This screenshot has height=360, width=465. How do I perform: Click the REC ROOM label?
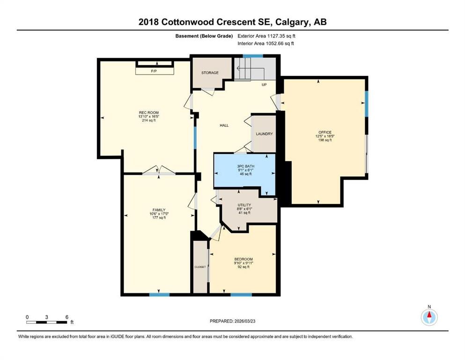148,112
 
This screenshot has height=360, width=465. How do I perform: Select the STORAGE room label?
210,73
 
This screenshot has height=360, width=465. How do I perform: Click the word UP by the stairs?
264,85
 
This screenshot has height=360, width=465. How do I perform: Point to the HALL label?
224,125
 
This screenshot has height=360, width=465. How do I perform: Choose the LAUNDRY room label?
264,134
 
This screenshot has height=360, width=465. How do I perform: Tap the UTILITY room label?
244,205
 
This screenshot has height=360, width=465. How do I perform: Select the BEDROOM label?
244,259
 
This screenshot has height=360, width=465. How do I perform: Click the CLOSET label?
200,267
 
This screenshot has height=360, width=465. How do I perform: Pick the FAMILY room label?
159,210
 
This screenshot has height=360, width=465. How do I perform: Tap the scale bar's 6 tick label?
67,317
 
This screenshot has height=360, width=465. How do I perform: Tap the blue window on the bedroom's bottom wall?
241,294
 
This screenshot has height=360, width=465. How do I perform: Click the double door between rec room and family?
159,173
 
